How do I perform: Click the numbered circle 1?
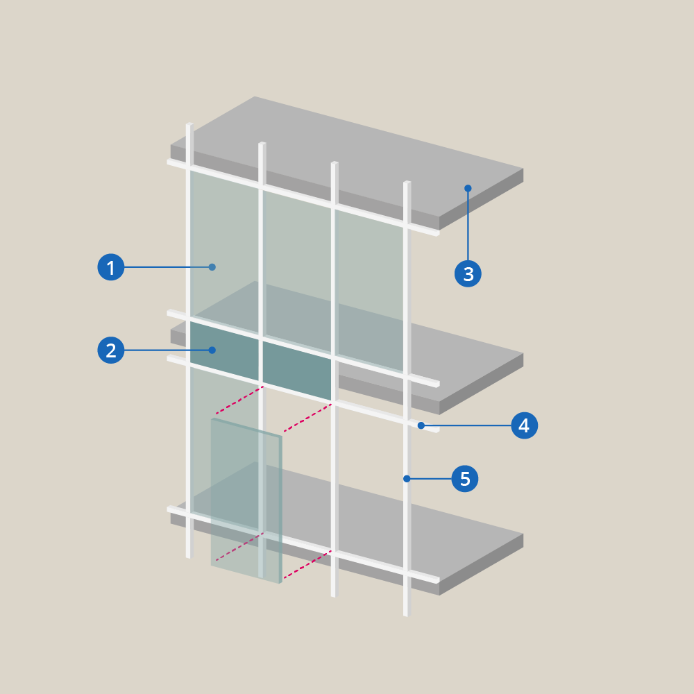point(110,267)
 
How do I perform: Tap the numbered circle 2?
point(110,350)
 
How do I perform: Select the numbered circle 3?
point(468,273)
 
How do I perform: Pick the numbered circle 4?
point(525,425)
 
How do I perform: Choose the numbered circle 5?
point(465,478)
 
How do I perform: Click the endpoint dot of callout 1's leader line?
point(212,267)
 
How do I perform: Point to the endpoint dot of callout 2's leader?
point(212,350)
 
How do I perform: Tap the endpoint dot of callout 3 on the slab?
point(468,188)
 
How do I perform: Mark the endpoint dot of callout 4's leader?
point(421,425)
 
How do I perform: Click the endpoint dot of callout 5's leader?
point(407,478)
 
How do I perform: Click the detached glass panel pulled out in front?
point(246,500)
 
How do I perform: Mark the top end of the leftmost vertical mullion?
point(189,124)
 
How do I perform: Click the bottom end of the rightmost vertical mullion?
point(407,615)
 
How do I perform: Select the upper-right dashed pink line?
point(307,417)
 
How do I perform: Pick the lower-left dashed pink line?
point(239,547)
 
